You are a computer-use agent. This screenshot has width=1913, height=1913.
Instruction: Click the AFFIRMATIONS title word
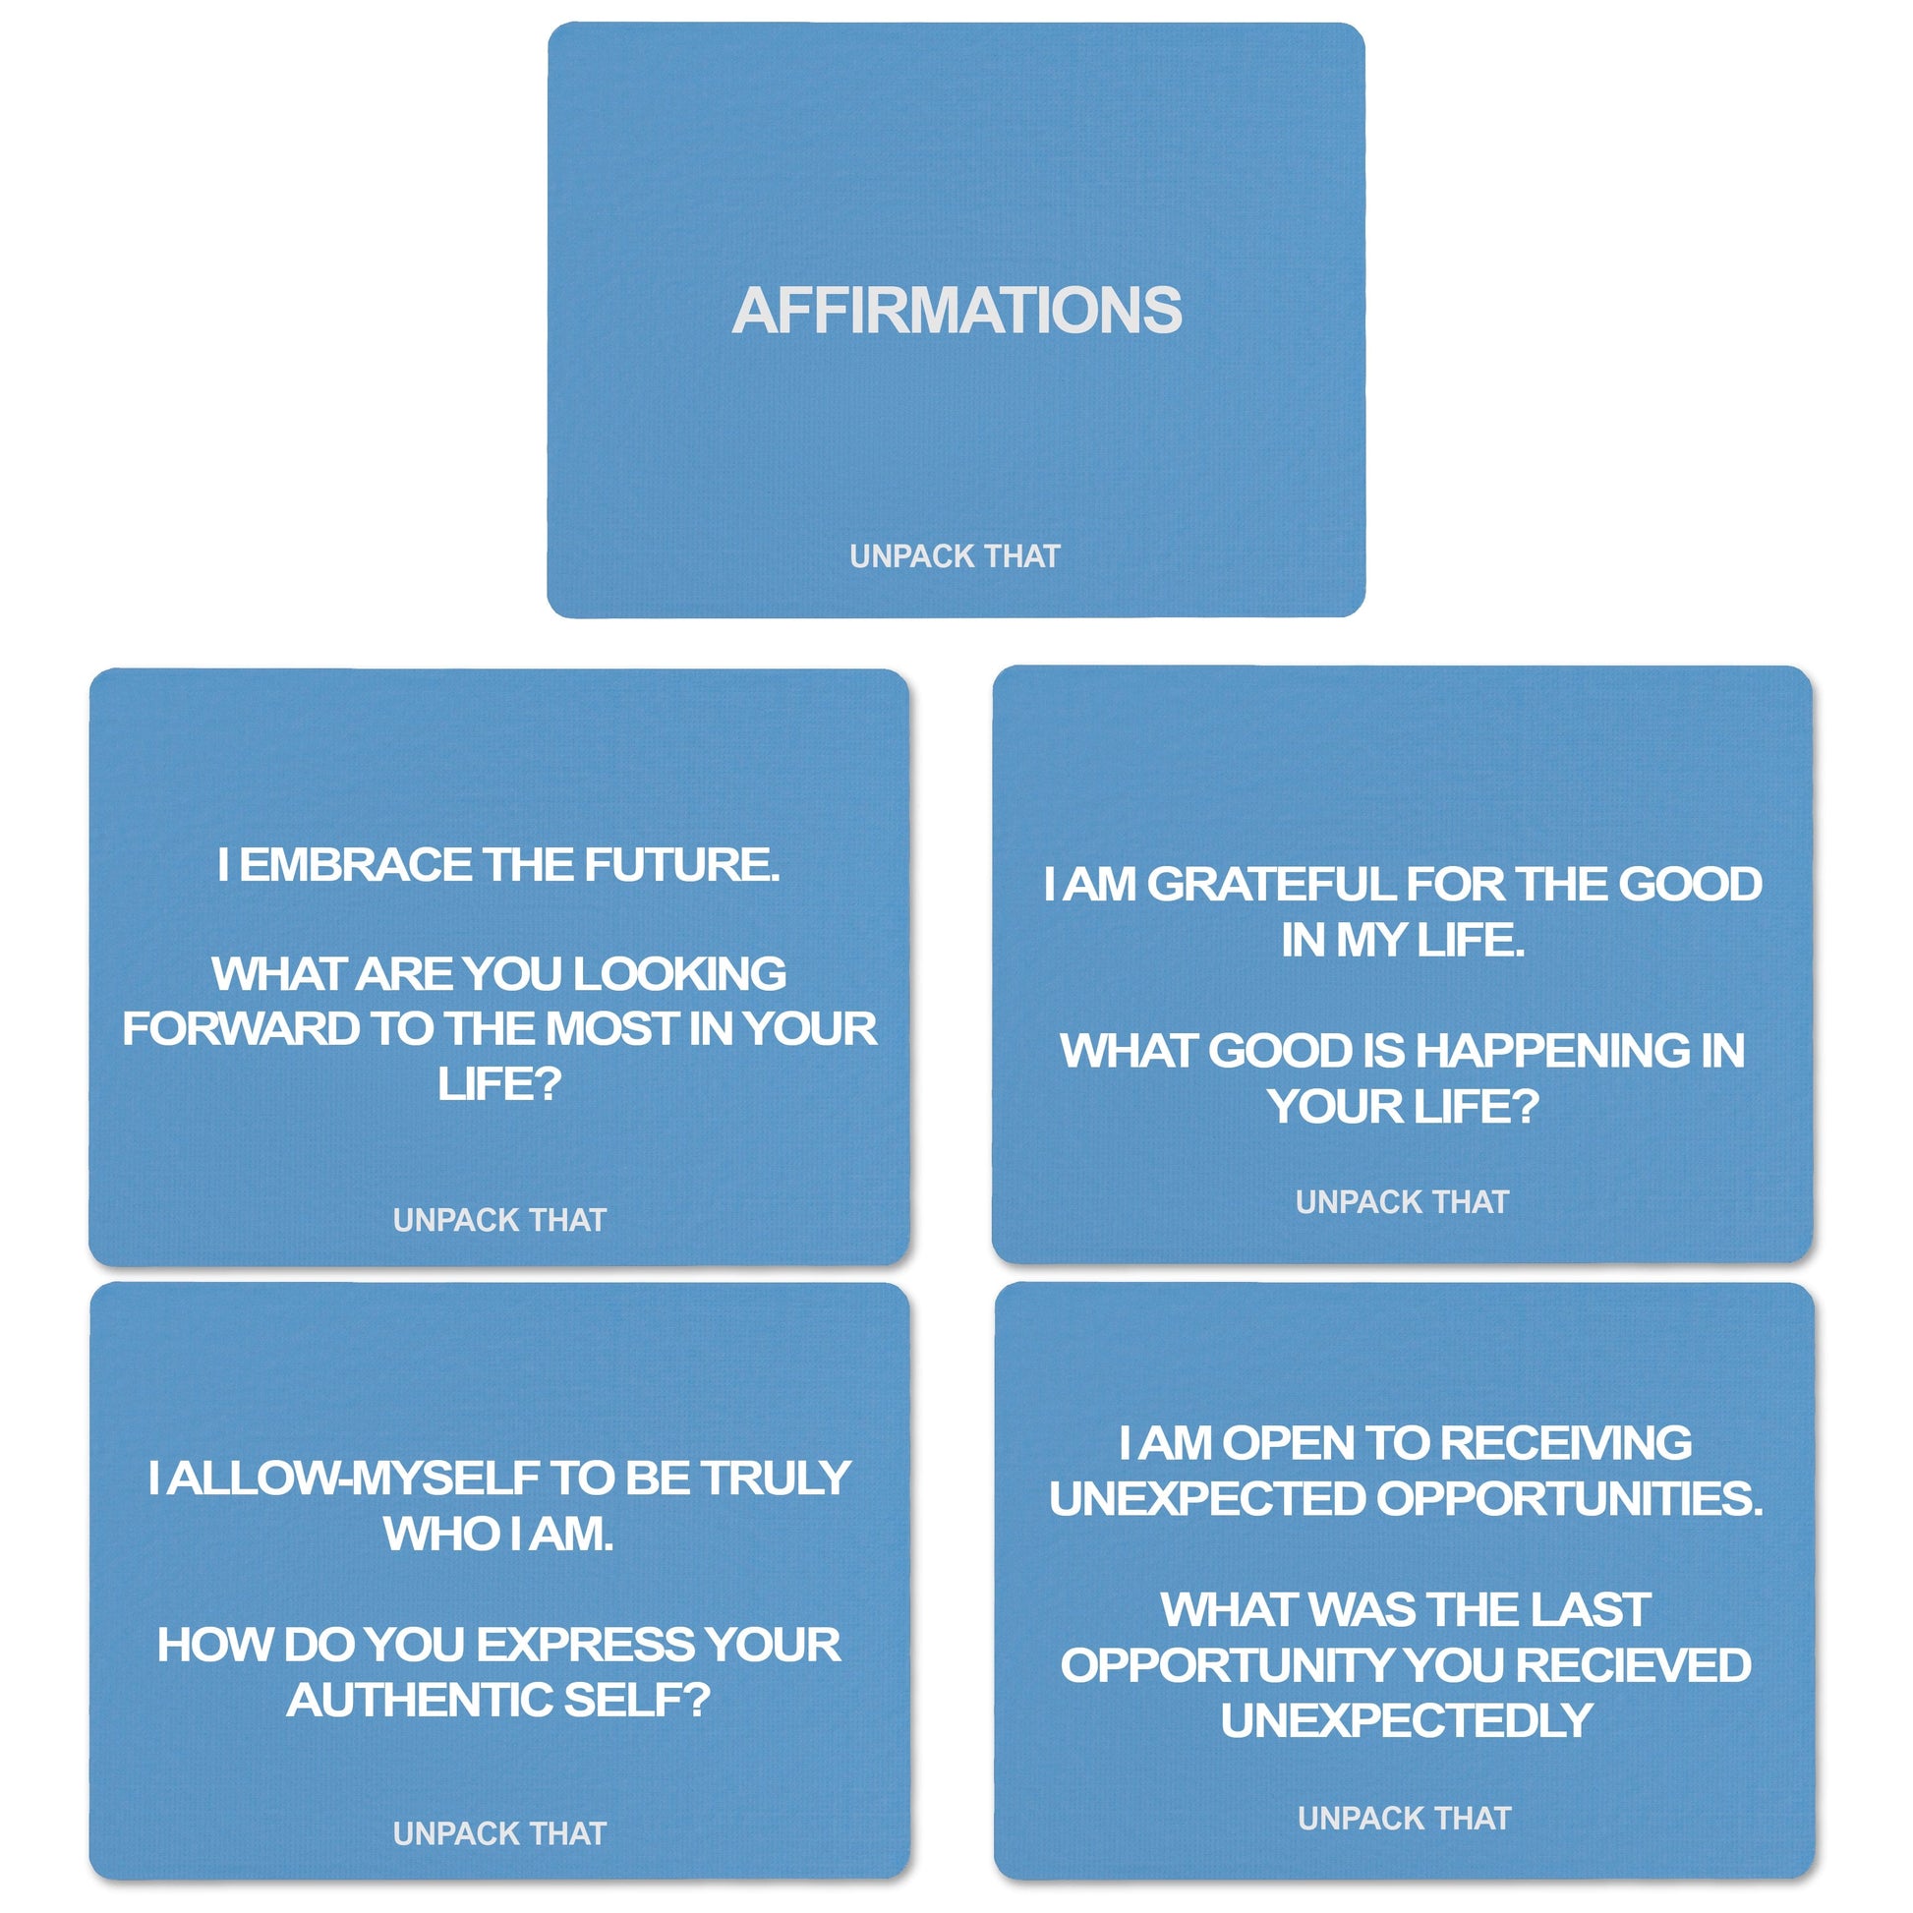956,310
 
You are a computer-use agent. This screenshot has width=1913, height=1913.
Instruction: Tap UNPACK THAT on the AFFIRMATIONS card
955,556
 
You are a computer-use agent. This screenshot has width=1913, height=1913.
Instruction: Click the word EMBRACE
356,864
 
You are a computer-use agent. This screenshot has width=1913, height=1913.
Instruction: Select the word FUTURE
681,864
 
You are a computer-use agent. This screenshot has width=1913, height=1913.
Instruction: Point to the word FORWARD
241,1029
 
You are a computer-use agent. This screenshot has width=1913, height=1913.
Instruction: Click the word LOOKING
679,973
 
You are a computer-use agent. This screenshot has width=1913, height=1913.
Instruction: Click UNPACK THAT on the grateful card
1402,1202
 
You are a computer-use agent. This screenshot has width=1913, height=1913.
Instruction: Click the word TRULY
776,1478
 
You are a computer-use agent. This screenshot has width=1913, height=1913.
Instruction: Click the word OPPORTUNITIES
1569,1498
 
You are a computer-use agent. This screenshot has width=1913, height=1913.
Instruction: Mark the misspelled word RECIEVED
1633,1665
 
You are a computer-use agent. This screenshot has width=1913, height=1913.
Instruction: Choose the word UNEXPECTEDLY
1406,1721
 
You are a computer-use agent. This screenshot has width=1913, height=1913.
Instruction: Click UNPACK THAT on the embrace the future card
499,1220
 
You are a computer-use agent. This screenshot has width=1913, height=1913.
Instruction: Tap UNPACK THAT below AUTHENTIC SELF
499,1833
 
